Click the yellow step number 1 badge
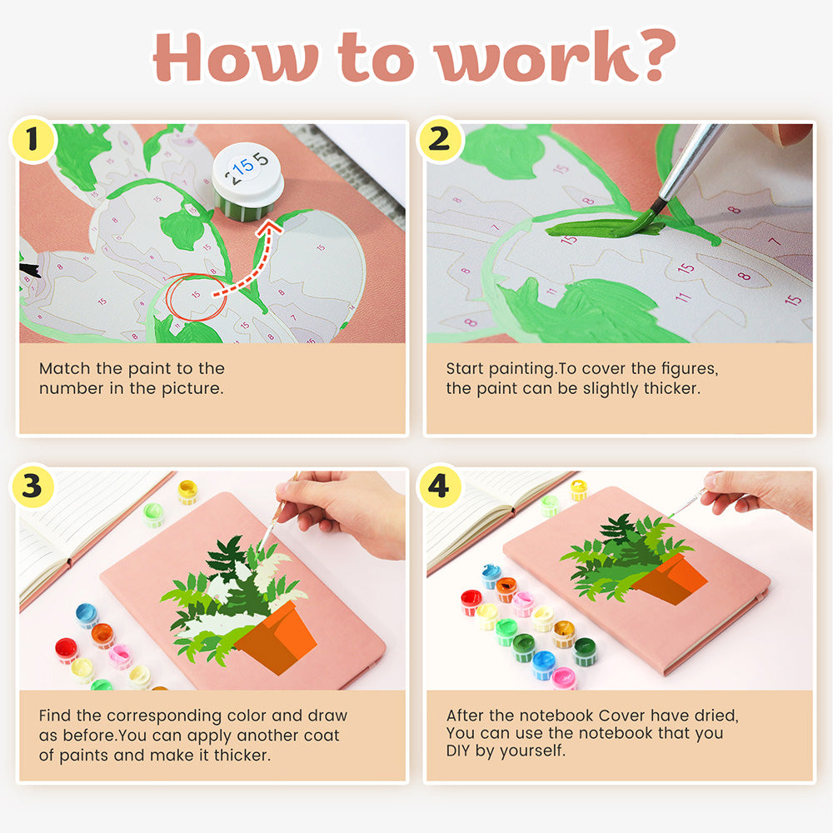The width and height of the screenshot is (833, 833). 32,140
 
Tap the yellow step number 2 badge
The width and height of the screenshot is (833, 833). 439,140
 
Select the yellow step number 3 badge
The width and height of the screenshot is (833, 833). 32,486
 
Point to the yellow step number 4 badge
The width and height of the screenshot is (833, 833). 439,486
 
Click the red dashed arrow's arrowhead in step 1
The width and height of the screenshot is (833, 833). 270,228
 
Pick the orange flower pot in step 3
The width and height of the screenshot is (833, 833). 277,636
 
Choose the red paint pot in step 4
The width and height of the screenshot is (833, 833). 471,602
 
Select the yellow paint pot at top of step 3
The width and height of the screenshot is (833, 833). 187,491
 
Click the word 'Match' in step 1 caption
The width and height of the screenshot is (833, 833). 65,368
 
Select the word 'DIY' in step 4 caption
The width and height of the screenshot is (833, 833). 458,751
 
